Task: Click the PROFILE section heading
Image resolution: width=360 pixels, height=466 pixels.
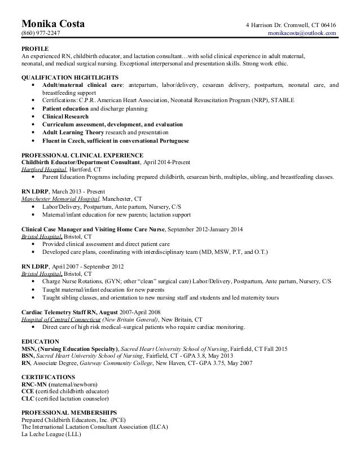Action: click(35, 49)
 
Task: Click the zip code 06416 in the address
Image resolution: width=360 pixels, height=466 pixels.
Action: click(327, 25)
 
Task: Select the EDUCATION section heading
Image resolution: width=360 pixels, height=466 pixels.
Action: click(40, 342)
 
